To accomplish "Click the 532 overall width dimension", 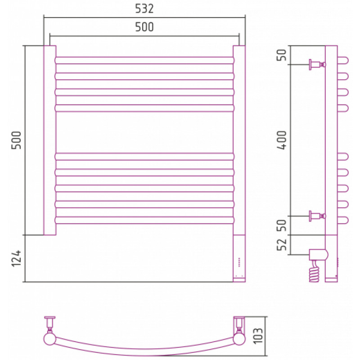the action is click(144, 9).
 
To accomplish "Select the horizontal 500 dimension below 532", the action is click(144, 27).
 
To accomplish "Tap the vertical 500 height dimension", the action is click(16, 140).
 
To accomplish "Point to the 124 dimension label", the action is click(16, 258).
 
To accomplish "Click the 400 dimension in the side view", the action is click(282, 140).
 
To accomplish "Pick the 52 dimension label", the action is click(282, 244).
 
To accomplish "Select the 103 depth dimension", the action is click(257, 336).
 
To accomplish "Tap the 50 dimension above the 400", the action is click(282, 55).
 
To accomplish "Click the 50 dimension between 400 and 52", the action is click(282, 225).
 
